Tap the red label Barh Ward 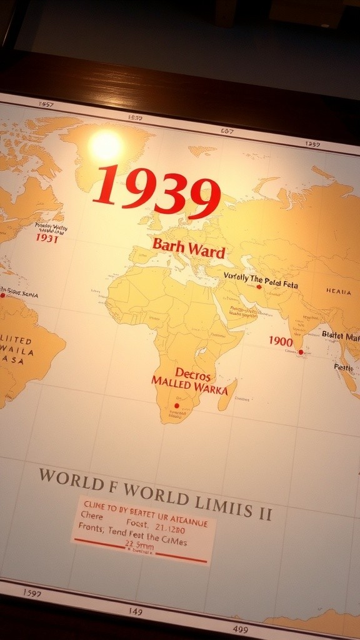coord(188,248)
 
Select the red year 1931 coord(47,238)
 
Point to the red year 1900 coord(281,341)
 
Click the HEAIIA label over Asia coord(338,291)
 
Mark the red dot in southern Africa coord(176,405)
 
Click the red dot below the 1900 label coord(301,352)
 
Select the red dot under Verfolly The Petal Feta coord(259,287)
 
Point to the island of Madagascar coord(227,394)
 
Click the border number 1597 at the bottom coord(32,592)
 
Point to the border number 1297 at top coord(312,144)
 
